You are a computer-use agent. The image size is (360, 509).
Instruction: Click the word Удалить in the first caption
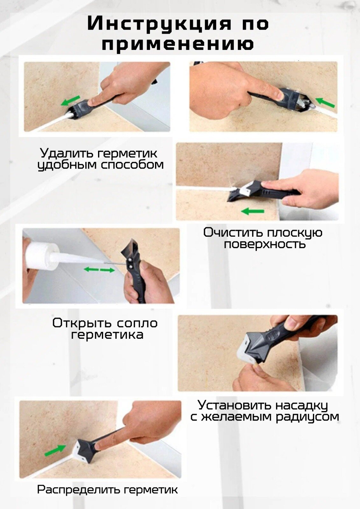pyautogui.click(x=67, y=153)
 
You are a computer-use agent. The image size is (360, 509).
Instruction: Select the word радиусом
pyautogui.click(x=307, y=417)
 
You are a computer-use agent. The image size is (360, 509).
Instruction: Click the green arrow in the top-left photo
pyautogui.click(x=70, y=101)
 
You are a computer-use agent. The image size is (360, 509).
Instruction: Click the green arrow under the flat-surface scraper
pyautogui.click(x=252, y=212)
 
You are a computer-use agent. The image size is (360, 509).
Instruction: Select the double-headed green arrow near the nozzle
pyautogui.click(x=99, y=270)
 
